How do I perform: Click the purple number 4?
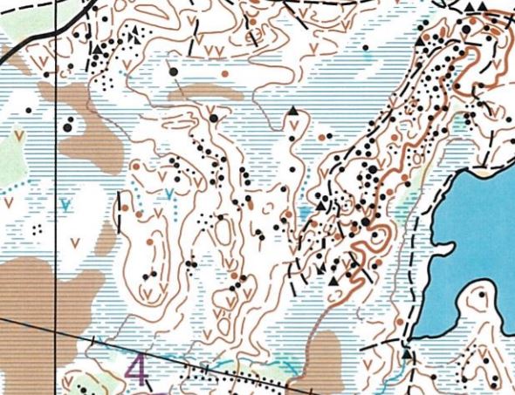[136, 370]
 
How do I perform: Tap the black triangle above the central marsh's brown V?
[292, 112]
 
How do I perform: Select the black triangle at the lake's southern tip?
[407, 354]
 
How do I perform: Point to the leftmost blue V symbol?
[65, 206]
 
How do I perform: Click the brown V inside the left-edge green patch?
[19, 135]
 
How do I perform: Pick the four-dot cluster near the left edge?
[37, 228]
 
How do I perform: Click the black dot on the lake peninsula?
[482, 296]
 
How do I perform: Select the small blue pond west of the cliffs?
[302, 212]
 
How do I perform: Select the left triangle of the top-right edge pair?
[470, 7]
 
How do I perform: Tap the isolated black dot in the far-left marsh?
[29, 111]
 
